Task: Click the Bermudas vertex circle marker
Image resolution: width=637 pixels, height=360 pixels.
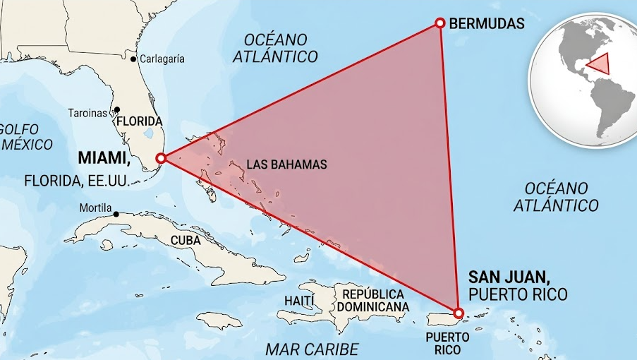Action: (x=439, y=23)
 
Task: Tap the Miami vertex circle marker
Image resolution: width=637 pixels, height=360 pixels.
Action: (x=161, y=158)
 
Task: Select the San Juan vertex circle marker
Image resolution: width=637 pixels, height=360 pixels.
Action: (x=458, y=313)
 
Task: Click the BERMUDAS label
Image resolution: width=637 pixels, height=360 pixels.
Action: (x=487, y=23)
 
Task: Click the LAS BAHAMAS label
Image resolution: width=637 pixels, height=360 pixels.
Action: (x=286, y=164)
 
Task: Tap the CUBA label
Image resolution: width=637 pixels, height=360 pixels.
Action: (x=186, y=240)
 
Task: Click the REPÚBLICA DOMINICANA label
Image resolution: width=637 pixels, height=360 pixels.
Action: (x=372, y=300)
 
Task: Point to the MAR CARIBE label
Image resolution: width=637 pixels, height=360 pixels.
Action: (x=312, y=349)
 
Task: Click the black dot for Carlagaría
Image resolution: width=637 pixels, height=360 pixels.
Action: (x=133, y=59)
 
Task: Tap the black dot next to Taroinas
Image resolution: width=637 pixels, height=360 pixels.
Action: (x=117, y=110)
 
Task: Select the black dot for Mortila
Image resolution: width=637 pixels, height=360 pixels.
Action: (x=116, y=214)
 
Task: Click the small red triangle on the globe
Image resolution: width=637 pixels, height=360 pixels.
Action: (x=600, y=64)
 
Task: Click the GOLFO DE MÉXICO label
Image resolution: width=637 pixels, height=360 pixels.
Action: (x=26, y=137)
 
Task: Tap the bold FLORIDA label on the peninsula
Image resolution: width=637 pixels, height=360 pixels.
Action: (x=140, y=121)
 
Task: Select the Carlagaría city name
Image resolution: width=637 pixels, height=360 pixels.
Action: (x=162, y=59)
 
